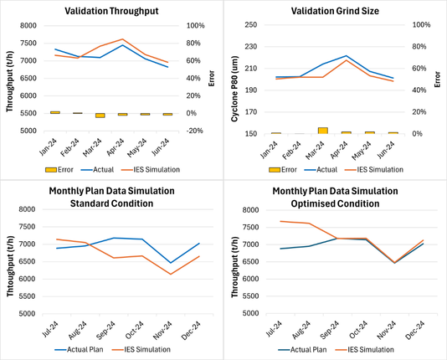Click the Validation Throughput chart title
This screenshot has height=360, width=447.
point(111,11)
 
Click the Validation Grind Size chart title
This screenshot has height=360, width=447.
point(336,11)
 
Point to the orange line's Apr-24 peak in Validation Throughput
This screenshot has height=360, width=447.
point(123,39)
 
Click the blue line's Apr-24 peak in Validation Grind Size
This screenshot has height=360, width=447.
point(346,56)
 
